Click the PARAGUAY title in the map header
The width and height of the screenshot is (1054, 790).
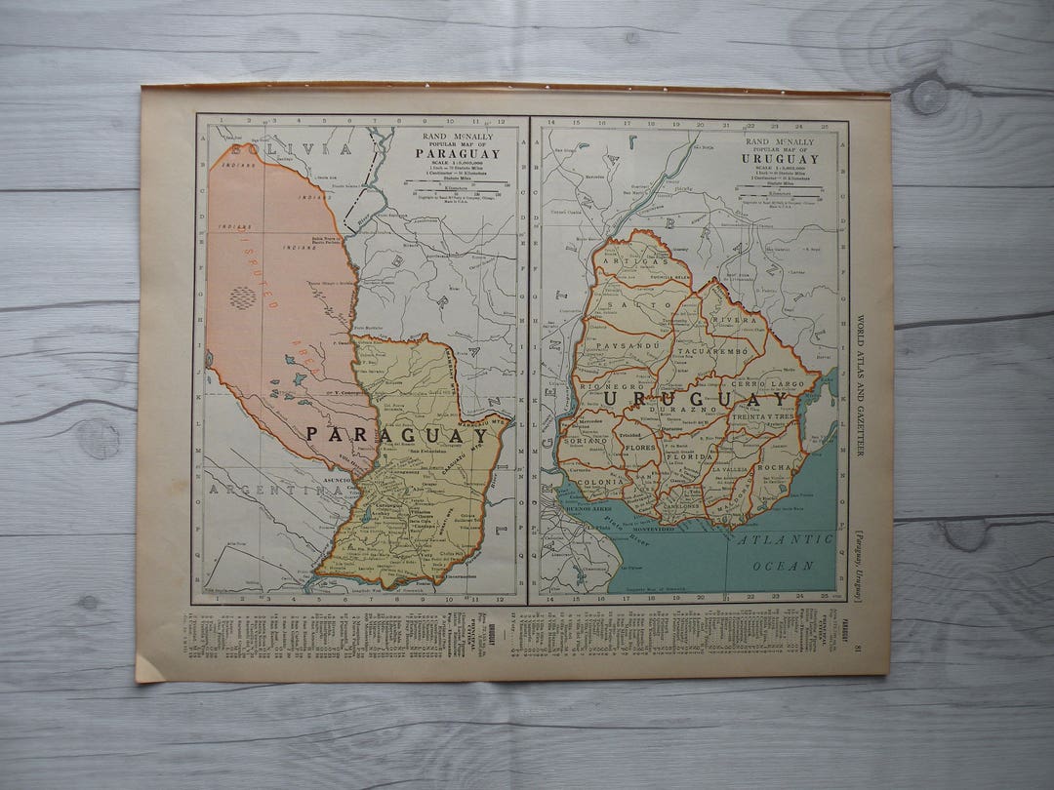(x=457, y=153)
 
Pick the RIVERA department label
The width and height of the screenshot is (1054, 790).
(x=738, y=319)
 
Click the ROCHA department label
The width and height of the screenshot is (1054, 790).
(x=775, y=467)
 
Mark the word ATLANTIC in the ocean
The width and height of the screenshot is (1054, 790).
(x=785, y=539)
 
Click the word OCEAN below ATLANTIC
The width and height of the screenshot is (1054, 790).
(x=783, y=565)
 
